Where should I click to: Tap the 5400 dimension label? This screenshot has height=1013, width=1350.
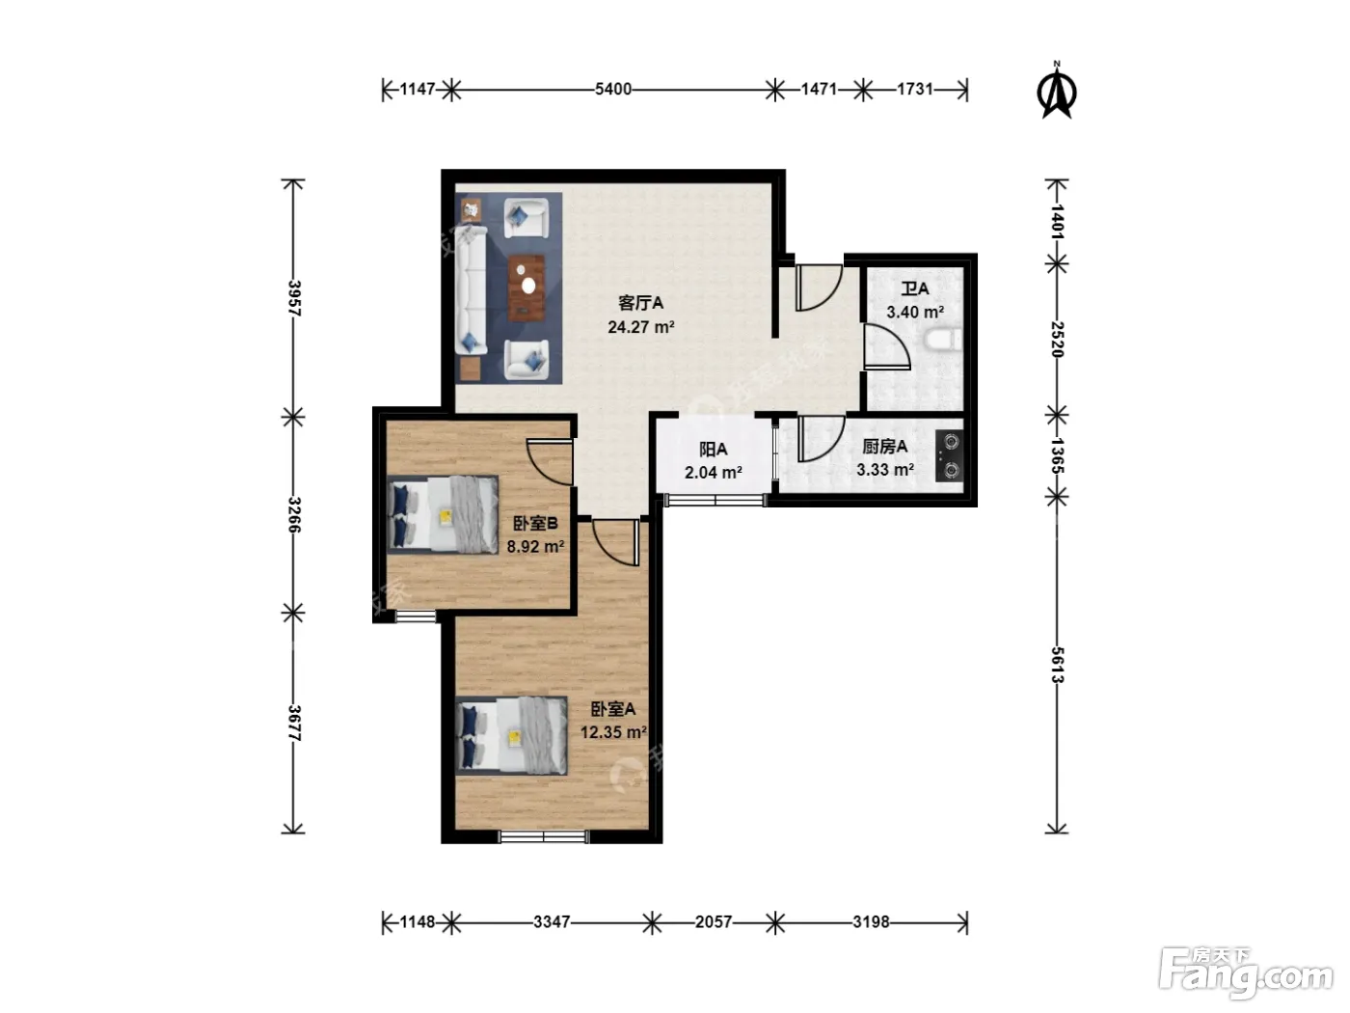(613, 89)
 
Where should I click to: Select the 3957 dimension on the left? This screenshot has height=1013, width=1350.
(294, 298)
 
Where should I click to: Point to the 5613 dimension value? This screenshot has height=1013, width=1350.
(1057, 665)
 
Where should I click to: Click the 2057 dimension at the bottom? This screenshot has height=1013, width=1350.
(714, 922)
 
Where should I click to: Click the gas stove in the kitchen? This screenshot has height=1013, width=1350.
(950, 455)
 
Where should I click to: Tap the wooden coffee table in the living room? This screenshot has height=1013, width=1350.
(526, 287)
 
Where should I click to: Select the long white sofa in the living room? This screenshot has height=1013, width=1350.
(472, 290)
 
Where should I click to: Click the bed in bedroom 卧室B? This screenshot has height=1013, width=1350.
(443, 515)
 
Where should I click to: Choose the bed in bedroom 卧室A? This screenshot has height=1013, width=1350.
(511, 735)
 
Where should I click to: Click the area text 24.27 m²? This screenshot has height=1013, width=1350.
(641, 327)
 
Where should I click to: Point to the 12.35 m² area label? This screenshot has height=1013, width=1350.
(614, 732)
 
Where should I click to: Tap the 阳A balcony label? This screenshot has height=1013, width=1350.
(714, 450)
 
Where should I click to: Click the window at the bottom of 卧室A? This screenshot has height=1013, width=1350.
(544, 836)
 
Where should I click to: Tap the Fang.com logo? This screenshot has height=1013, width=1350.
(1246, 974)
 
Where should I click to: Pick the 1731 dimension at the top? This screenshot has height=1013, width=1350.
(915, 89)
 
